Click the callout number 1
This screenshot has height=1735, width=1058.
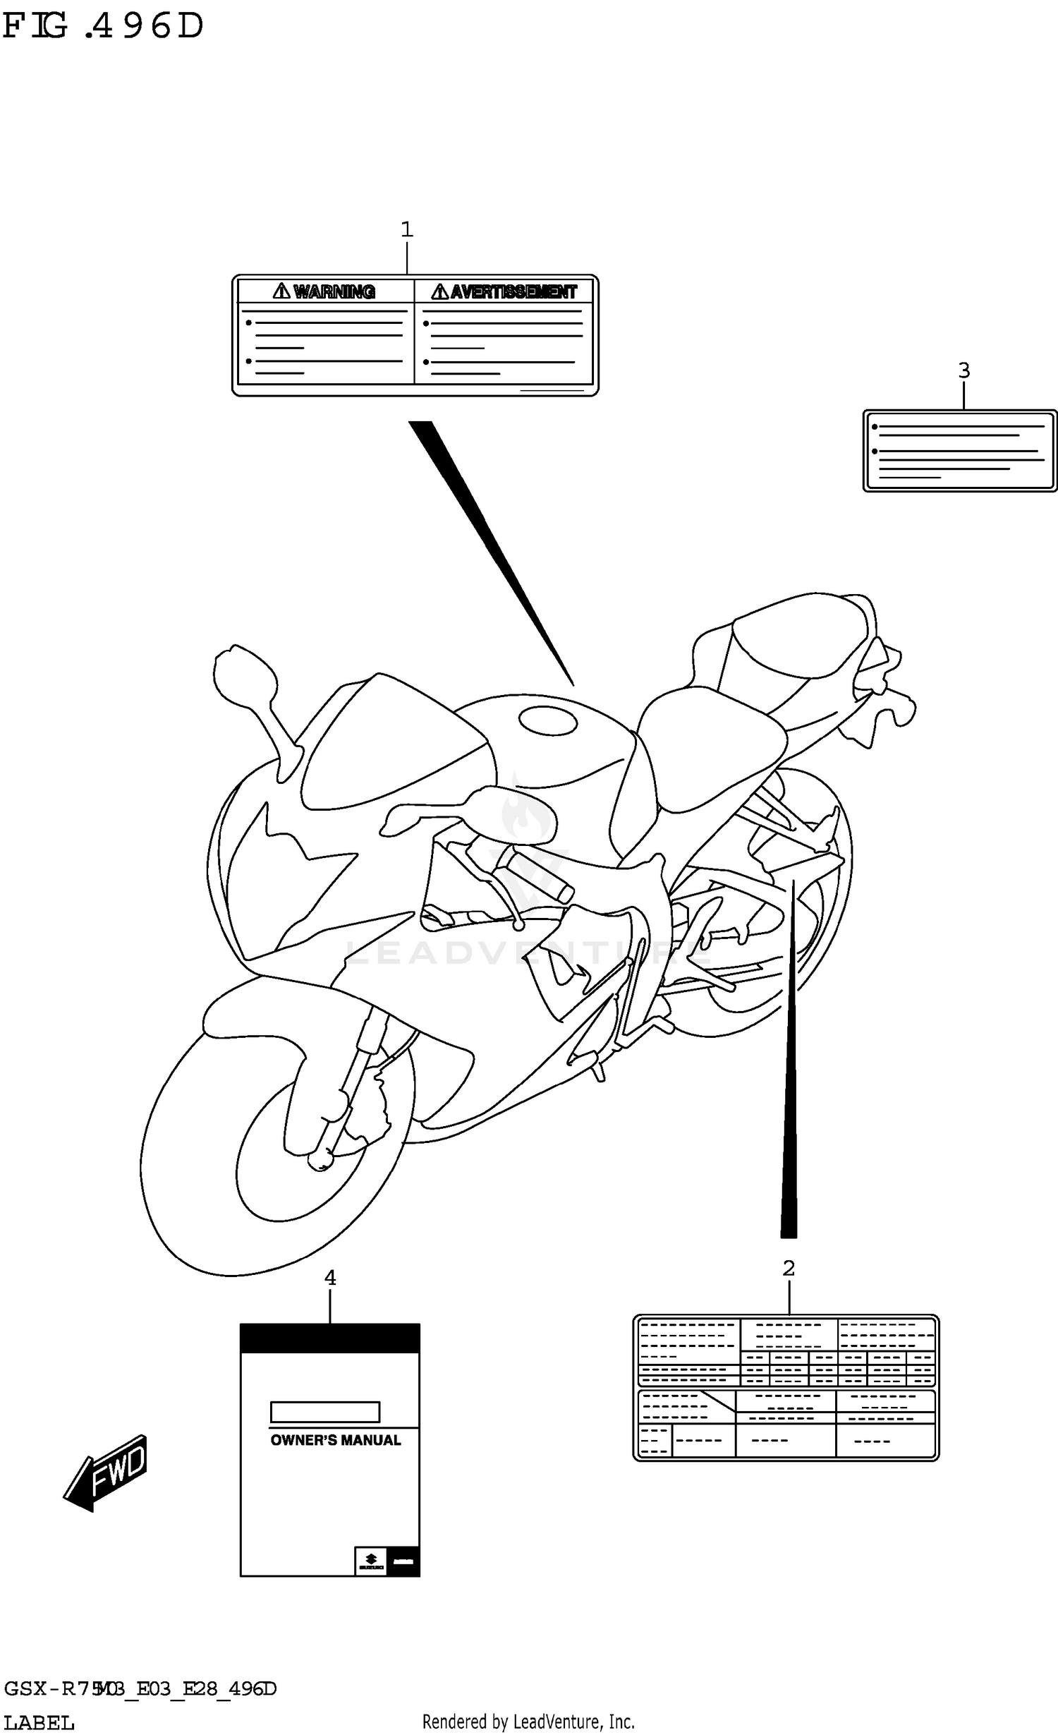[x=406, y=229]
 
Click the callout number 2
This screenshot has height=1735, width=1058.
[x=789, y=1268]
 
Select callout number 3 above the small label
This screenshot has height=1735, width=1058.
[x=963, y=370]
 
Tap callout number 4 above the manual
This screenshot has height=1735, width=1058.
[x=329, y=1277]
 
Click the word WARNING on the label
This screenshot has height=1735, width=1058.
[x=334, y=291]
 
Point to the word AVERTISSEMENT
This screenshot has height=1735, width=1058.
[x=513, y=291]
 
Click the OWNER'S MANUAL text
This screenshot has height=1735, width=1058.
[x=335, y=1440]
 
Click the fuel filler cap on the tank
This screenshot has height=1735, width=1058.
[x=548, y=720]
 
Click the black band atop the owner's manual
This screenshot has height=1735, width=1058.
[x=329, y=1338]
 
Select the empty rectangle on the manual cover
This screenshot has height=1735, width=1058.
[x=325, y=1412]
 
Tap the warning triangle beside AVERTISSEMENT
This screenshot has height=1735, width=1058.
[x=440, y=291]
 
